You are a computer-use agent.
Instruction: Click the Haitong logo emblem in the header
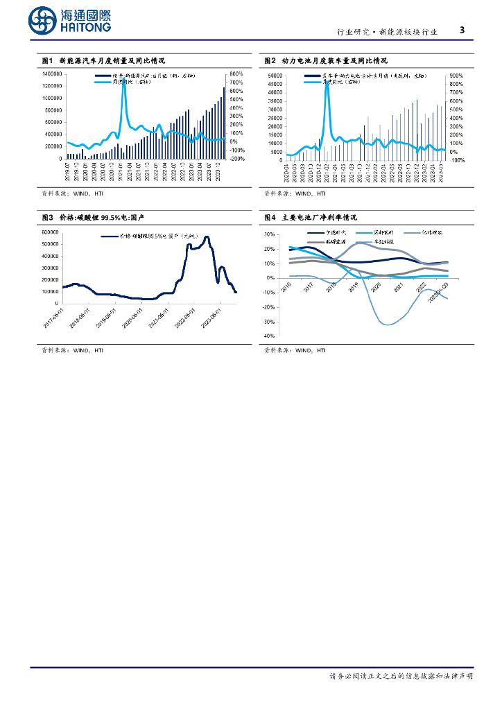[x=43, y=21]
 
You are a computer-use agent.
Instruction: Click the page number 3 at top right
[x=462, y=30]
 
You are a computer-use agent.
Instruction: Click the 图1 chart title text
[x=103, y=61]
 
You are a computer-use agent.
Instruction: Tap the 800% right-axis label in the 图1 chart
[x=236, y=73]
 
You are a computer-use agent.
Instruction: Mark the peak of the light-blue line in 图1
[x=123, y=80]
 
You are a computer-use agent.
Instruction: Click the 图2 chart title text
[x=326, y=61]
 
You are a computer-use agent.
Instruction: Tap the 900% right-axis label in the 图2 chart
[x=456, y=75]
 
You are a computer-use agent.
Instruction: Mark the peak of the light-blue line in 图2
[x=327, y=82]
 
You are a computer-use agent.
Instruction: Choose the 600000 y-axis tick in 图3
[x=50, y=232]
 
